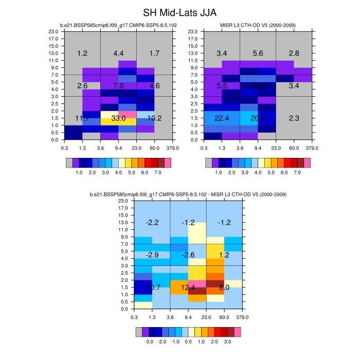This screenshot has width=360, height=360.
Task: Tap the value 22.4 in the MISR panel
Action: click(222, 118)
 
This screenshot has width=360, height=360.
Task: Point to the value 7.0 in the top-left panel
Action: click(118, 85)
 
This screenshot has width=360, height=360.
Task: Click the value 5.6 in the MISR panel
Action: click(258, 53)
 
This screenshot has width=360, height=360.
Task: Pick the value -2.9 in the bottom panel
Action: click(152, 255)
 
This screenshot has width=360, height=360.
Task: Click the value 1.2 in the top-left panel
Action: click(82, 53)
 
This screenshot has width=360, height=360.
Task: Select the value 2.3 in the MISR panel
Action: click(294, 118)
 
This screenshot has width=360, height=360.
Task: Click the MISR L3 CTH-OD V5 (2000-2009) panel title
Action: click(258, 25)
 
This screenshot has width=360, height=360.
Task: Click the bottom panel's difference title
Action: click(188, 194)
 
